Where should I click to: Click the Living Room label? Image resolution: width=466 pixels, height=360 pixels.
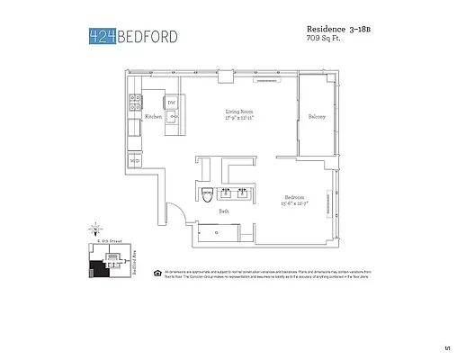(x=238, y=112)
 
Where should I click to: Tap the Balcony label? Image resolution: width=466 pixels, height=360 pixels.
(x=317, y=117)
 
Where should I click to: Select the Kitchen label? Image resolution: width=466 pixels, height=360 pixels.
(x=153, y=117)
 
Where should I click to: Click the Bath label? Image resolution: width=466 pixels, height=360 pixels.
(x=223, y=211)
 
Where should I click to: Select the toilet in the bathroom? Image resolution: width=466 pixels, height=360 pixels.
(x=206, y=193)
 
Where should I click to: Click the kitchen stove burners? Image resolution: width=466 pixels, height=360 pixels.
(x=134, y=101)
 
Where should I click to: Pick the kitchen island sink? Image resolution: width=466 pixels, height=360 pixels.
(x=171, y=117)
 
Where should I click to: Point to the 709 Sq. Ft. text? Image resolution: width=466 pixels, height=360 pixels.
(x=326, y=39)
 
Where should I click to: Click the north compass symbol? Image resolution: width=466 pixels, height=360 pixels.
(x=94, y=231)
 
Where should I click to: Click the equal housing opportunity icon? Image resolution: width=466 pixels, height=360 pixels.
(x=157, y=272)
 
